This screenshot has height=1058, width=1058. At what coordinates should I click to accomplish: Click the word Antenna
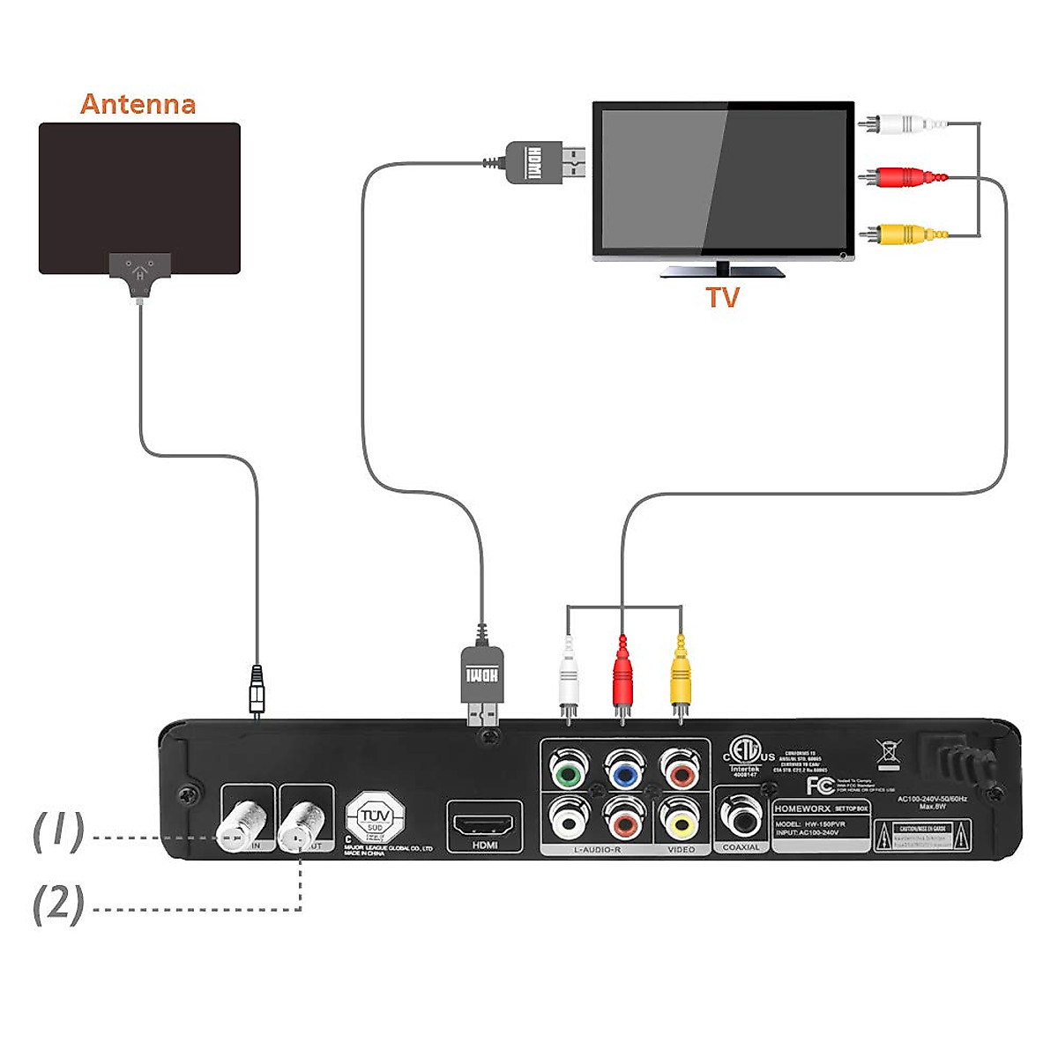tap(138, 104)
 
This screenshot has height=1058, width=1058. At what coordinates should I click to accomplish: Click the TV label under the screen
tap(722, 297)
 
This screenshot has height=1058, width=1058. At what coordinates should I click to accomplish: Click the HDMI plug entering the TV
tap(543, 162)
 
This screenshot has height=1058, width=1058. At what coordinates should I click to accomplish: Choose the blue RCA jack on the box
tap(624, 770)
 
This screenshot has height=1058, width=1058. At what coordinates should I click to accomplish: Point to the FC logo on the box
tap(820, 785)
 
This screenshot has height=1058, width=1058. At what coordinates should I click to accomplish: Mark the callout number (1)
tap(58, 831)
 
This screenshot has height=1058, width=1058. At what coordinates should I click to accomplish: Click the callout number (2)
tap(58, 904)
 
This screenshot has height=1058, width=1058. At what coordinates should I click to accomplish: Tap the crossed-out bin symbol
tap(888, 752)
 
